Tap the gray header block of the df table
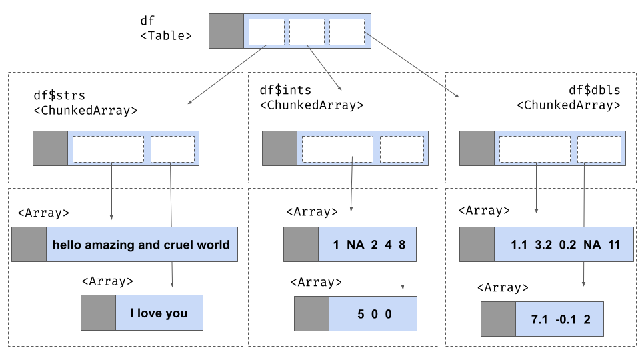227,31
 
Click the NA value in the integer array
356,245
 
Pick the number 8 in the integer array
402,245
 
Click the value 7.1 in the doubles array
539,319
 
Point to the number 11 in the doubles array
615,245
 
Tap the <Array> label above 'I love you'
107,281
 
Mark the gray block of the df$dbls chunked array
477,148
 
